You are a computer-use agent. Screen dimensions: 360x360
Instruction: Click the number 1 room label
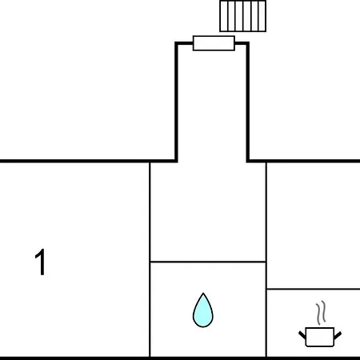click(x=41, y=262)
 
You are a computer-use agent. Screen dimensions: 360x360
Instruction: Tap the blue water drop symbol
click(x=203, y=310)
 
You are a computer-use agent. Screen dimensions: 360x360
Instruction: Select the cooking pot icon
click(x=320, y=337)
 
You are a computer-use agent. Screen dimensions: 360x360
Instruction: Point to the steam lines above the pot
click(x=321, y=313)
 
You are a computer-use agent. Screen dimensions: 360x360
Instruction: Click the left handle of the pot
click(x=302, y=335)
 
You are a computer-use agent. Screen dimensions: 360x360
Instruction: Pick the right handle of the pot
click(x=338, y=335)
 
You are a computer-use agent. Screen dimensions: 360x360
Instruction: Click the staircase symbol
click(x=242, y=16)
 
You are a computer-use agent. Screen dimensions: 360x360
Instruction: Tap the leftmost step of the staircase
click(x=224, y=16)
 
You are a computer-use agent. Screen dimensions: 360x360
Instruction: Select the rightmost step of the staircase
click(x=262, y=16)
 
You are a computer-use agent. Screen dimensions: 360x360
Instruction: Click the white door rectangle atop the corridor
click(x=214, y=43)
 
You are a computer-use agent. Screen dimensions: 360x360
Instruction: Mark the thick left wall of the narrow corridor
click(x=176, y=102)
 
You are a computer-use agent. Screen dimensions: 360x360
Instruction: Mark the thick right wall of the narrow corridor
click(x=248, y=102)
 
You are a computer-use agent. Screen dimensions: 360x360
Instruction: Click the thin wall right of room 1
click(x=150, y=259)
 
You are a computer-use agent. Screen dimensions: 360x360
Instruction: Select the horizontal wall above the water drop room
click(x=208, y=262)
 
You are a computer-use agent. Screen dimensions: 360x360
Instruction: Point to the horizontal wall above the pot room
click(x=314, y=289)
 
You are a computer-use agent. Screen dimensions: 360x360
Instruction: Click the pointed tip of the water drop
click(x=203, y=294)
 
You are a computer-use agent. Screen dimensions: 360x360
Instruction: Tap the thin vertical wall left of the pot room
click(x=266, y=259)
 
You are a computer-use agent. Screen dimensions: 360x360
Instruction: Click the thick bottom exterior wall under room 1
click(x=74, y=358)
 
